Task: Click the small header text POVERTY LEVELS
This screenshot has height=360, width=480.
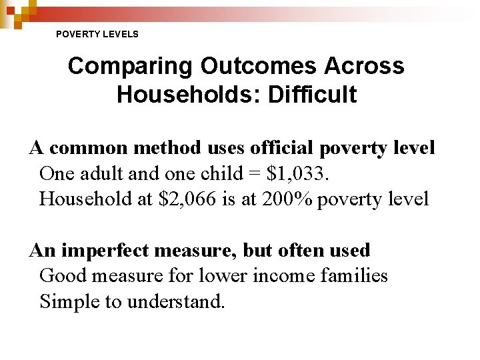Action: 97,33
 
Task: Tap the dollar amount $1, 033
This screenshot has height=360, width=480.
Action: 297,173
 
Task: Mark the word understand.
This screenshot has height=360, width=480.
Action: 177,301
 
